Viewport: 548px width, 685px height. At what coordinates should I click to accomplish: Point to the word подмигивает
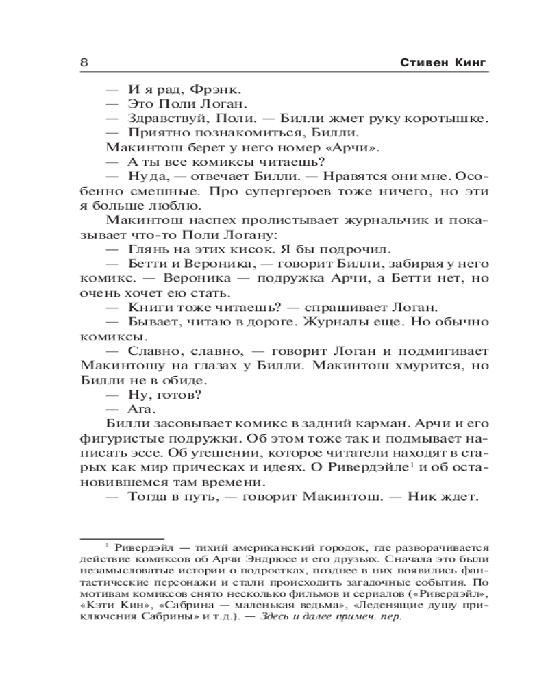point(447,351)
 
